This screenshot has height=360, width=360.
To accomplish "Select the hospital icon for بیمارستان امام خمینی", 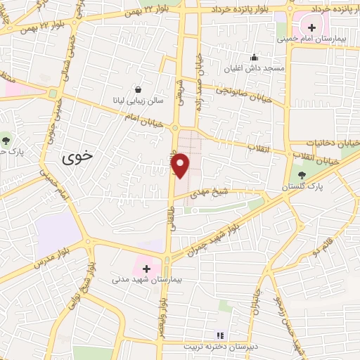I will click(311, 27).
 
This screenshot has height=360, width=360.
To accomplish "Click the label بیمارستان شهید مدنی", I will click(146, 279).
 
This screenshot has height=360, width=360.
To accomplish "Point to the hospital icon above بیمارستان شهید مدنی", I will click(146, 268).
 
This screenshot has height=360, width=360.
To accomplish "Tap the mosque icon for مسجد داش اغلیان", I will click(254, 58).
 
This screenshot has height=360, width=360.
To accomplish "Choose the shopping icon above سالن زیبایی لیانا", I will click(139, 89).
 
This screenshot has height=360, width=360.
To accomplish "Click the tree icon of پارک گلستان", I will click(302, 175).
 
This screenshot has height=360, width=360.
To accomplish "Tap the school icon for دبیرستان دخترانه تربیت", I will click(219, 336).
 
